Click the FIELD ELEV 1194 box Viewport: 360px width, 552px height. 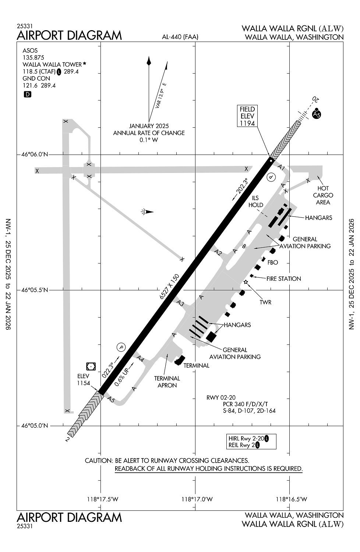[x=247, y=116]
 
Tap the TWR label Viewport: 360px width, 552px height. [x=265, y=302]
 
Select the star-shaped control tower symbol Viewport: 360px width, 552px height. [x=246, y=282]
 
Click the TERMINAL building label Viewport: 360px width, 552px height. [x=196, y=365]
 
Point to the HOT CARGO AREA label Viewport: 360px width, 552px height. [x=323, y=195]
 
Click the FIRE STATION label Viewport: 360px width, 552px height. [x=283, y=279]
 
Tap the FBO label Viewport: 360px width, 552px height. [x=273, y=262]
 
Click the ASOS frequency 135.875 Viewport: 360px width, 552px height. [x=33, y=57]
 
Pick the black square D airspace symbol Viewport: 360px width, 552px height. [x=27, y=95]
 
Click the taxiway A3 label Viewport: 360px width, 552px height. [x=180, y=303]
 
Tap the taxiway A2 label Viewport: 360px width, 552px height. [x=219, y=252]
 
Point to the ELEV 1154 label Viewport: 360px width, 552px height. [x=84, y=379]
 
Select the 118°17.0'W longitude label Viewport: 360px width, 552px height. [x=197, y=499]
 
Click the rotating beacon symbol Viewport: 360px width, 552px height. [x=147, y=212]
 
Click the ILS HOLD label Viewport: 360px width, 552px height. [x=256, y=202]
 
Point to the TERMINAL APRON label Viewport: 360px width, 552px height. [x=167, y=382]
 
